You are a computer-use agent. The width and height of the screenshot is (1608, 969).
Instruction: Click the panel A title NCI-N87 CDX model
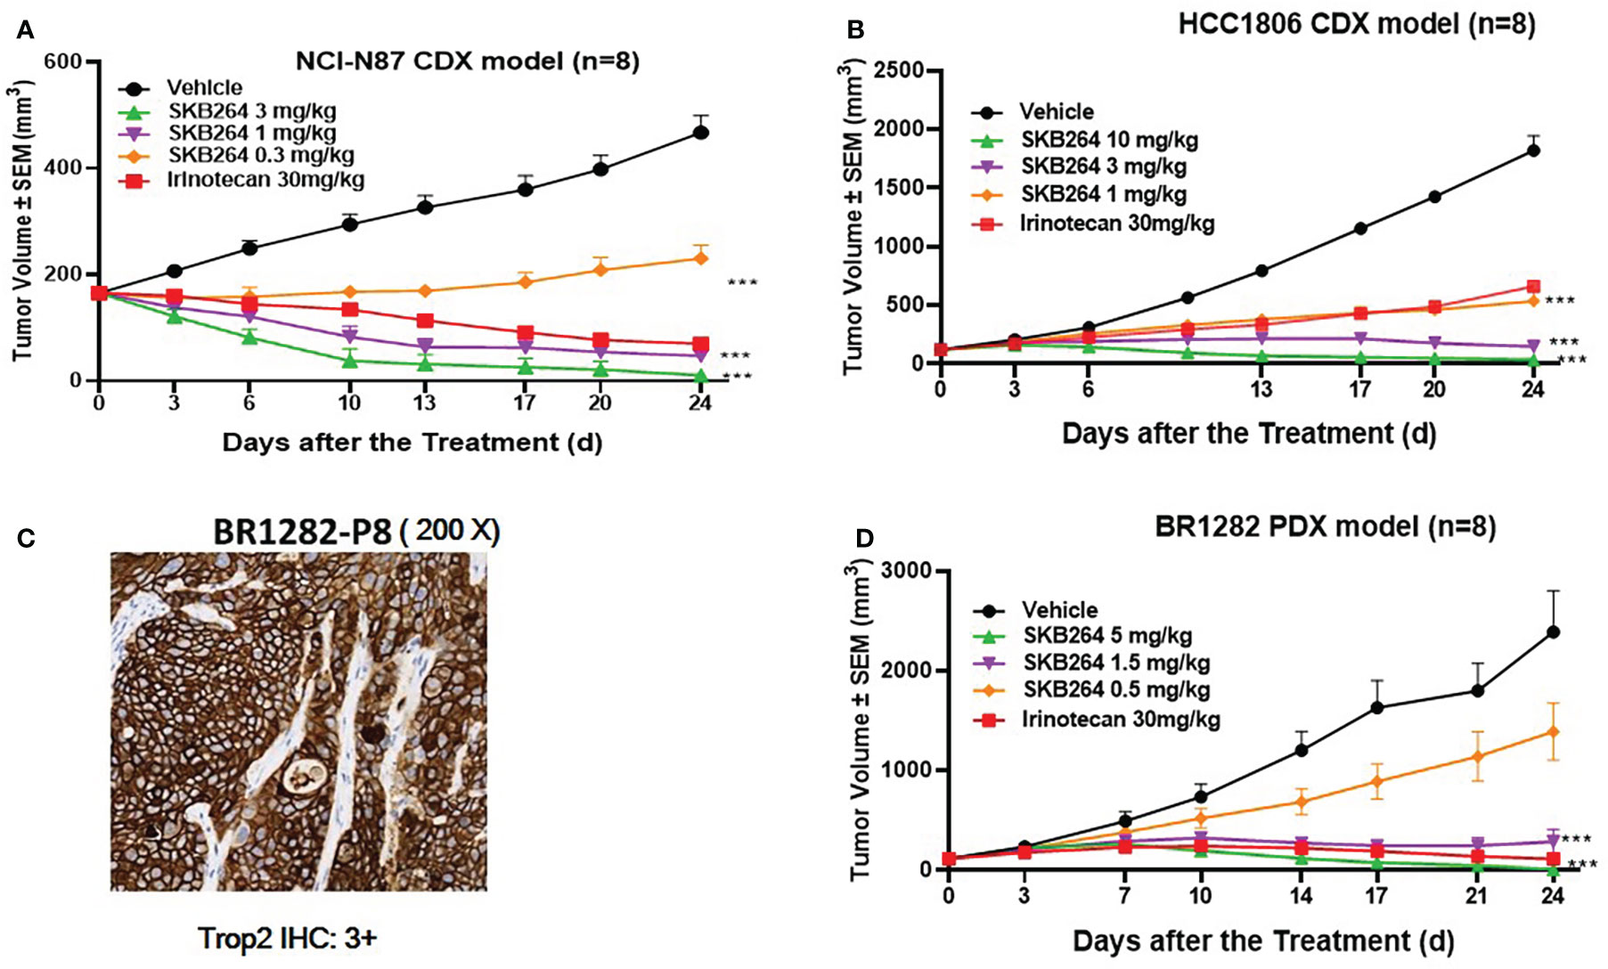click(467, 61)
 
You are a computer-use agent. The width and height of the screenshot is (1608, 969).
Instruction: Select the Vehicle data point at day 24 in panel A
click(701, 133)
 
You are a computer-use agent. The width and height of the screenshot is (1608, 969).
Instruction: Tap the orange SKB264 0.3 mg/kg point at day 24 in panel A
click(701, 258)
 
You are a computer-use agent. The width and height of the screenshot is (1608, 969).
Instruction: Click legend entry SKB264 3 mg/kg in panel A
click(251, 111)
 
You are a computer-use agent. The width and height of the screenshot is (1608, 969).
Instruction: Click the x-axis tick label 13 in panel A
click(424, 403)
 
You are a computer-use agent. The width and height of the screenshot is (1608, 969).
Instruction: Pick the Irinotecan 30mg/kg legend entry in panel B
click(1116, 223)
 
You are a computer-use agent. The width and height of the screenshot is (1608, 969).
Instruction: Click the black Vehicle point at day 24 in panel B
click(1533, 151)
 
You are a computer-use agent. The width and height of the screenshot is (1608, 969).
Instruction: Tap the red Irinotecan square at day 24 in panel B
click(1533, 287)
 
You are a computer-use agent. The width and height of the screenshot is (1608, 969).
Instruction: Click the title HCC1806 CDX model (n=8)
click(1357, 24)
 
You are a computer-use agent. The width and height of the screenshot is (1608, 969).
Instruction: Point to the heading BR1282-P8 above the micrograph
click(302, 532)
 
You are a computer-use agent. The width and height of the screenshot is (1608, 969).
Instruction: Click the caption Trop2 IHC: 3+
click(287, 939)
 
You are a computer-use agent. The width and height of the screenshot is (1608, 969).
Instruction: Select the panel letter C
click(26, 538)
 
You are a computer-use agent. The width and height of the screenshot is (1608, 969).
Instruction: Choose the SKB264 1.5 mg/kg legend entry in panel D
click(1116, 663)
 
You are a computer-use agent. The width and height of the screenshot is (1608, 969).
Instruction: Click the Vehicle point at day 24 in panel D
click(1554, 632)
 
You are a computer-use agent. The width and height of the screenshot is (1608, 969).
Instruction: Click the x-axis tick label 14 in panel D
click(1302, 895)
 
